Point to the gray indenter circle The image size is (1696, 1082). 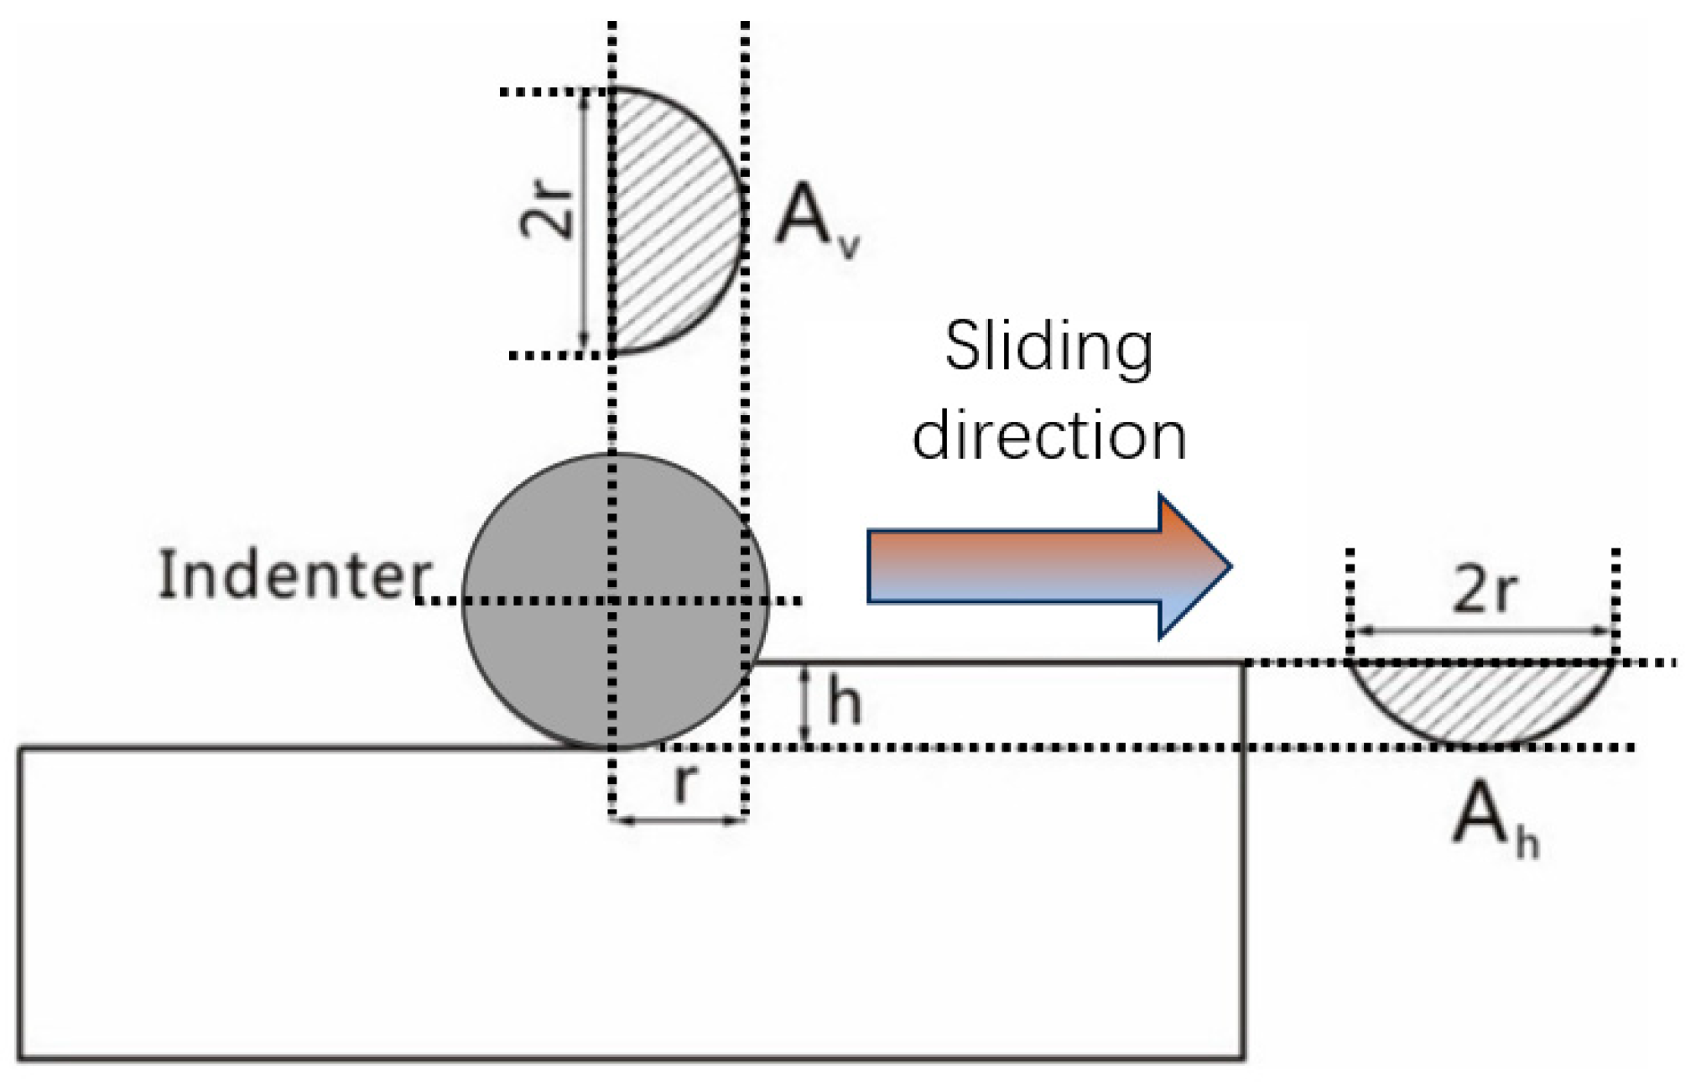pyautogui.click(x=537, y=537)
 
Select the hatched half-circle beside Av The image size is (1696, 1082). pyautogui.click(x=671, y=222)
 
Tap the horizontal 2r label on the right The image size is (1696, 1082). pyautogui.click(x=1484, y=590)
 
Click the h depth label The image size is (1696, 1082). pyautogui.click(x=844, y=703)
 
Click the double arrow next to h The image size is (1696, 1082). pyautogui.click(x=805, y=705)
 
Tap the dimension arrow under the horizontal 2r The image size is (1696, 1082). pyautogui.click(x=1482, y=631)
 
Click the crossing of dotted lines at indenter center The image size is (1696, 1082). pyautogui.click(x=613, y=601)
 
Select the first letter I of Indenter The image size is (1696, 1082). pyautogui.click(x=166, y=575)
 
